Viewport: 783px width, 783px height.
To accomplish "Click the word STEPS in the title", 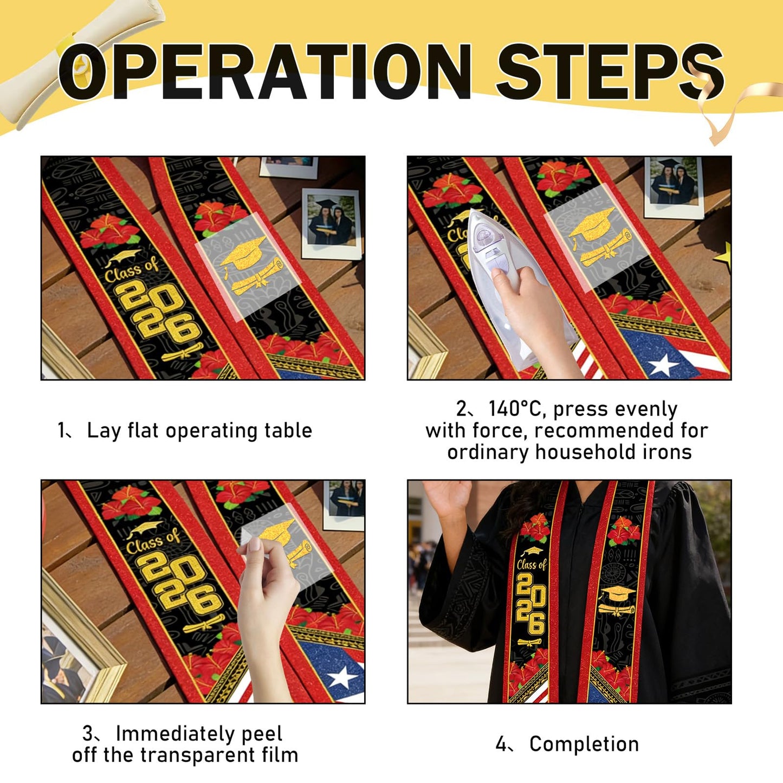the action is click(610, 72).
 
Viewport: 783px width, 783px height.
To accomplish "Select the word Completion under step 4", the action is click(584, 745).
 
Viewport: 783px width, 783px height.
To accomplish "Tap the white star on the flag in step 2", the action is click(663, 365).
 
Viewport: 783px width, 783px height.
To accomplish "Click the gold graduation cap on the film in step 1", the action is click(243, 252).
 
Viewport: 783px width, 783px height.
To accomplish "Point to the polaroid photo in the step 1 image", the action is click(332, 224).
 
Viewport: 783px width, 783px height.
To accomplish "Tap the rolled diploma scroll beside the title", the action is click(81, 61).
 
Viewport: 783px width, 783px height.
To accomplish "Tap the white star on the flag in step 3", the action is click(342, 678).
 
